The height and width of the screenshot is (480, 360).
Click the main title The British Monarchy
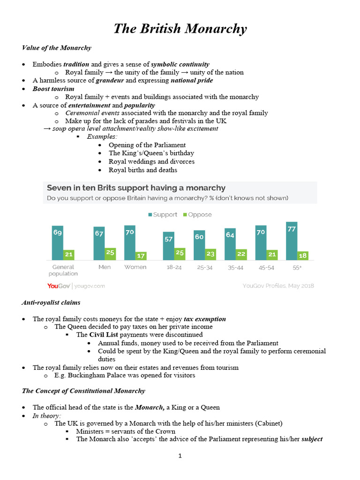[180, 29]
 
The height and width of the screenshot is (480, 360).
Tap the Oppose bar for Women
[141, 256]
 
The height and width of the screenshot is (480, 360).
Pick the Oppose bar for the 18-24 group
[180, 254]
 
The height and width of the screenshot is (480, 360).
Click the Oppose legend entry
[197, 215]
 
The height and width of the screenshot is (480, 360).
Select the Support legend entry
[163, 215]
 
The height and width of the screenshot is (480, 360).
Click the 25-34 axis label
[204, 267]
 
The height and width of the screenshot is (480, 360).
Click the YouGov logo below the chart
[59, 285]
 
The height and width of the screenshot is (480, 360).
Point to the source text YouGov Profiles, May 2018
[278, 285]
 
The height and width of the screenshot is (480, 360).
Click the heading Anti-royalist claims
[51, 303]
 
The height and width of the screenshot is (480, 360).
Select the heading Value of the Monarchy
[57, 48]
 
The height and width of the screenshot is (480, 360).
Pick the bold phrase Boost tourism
[53, 89]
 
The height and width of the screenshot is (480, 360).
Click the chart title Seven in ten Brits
[136, 188]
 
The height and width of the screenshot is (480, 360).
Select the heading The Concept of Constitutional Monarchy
[83, 390]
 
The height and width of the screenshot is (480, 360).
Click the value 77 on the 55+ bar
[292, 229]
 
